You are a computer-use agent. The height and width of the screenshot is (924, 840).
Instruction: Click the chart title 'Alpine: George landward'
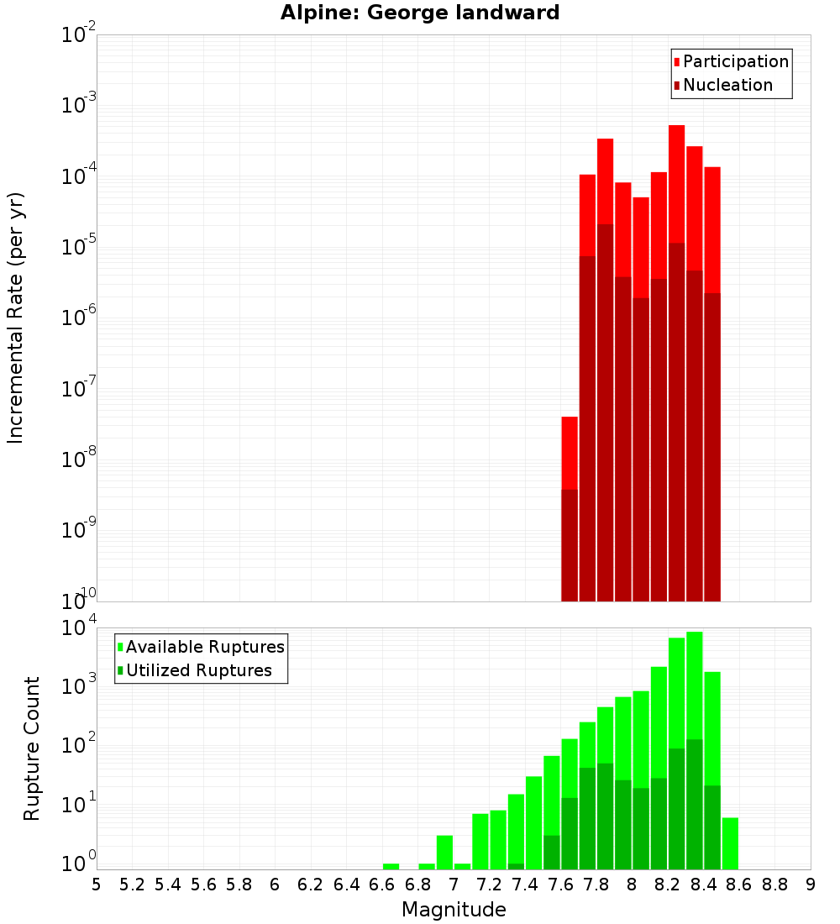click(420, 13)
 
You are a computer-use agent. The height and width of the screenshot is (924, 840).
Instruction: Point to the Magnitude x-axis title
click(454, 910)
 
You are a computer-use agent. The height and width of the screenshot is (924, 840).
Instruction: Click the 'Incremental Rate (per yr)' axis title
click(16, 318)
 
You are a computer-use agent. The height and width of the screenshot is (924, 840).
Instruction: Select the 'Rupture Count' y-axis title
click(32, 748)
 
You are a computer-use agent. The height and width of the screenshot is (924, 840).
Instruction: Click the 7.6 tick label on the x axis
click(560, 885)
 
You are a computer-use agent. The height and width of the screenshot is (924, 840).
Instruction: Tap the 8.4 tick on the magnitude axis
click(703, 885)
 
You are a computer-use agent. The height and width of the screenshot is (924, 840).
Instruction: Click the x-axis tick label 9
click(810, 885)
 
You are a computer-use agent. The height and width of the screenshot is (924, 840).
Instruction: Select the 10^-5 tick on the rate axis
click(79, 247)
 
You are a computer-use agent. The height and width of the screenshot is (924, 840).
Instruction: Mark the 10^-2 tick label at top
click(79, 35)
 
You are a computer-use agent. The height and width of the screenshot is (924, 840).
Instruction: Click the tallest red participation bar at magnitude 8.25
click(676, 185)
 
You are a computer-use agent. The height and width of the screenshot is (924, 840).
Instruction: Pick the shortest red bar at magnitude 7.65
click(570, 454)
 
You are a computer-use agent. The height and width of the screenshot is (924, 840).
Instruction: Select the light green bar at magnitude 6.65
click(391, 866)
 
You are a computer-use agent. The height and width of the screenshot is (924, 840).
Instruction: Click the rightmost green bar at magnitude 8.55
click(730, 843)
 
